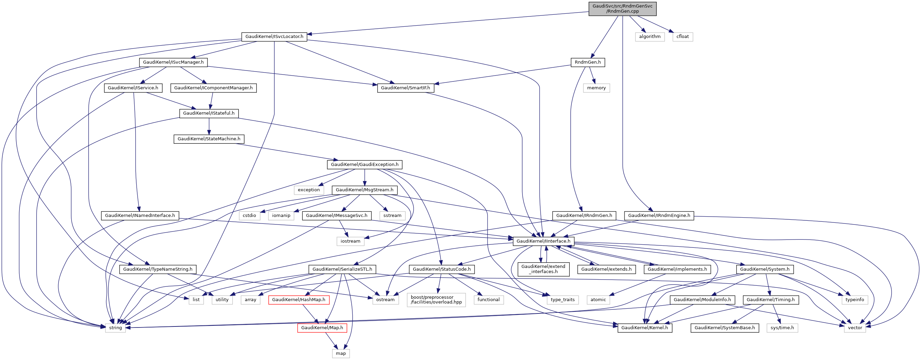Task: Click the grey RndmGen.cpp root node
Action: coord(622,9)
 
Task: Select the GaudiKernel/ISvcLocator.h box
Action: coord(274,37)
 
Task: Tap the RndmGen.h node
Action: coord(588,62)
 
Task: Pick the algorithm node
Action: coord(649,37)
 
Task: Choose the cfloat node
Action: coord(682,37)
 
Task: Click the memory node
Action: coord(596,88)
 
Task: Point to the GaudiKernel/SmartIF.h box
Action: coord(405,88)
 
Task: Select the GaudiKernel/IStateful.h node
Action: coord(209,113)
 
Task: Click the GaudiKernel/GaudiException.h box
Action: coord(364,165)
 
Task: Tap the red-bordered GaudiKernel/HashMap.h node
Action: coord(299,299)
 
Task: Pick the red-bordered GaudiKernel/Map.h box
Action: coord(322,328)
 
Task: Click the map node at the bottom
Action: coord(340,353)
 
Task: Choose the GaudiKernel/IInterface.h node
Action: coord(543,241)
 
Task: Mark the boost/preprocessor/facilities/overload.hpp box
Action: coord(436,299)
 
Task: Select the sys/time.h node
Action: coord(782,328)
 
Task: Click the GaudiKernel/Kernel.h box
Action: coord(644,328)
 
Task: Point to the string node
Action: coord(115,328)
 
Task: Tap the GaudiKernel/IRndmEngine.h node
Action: coord(659,216)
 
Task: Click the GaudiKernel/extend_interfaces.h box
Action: coord(543,269)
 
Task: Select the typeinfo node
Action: coord(855,299)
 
